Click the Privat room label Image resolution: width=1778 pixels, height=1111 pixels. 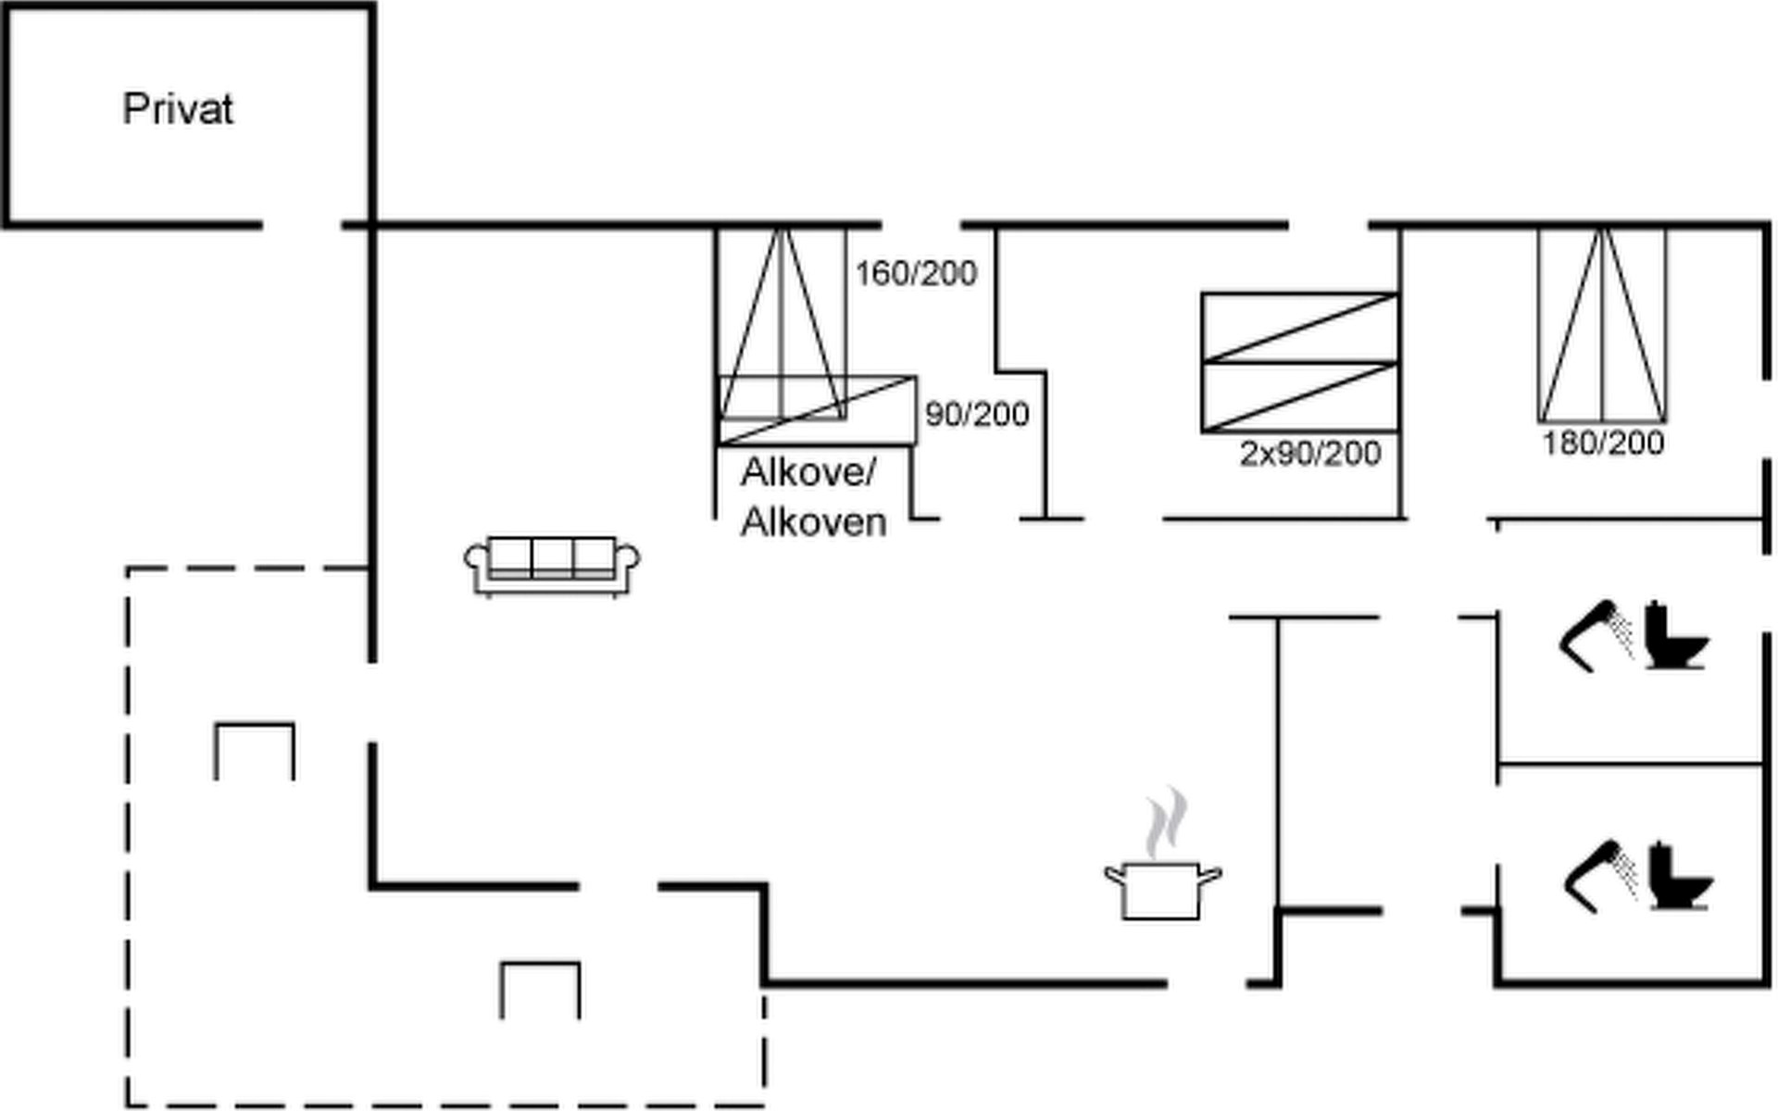coord(178,109)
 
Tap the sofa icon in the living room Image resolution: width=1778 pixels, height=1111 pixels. coord(552,564)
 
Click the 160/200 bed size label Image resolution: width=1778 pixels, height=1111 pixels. coord(916,274)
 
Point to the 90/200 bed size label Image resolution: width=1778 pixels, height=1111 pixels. coord(977,415)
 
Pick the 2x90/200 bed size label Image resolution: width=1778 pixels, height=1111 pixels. coord(1310,454)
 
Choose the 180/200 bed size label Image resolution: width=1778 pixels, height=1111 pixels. coord(1603,443)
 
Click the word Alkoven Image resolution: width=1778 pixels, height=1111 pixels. coord(814,523)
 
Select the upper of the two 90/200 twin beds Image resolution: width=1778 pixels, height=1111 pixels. coord(1299,328)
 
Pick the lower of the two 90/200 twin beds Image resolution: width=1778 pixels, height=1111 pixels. coord(1299,397)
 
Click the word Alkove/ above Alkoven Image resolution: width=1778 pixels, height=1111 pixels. coord(808,473)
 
